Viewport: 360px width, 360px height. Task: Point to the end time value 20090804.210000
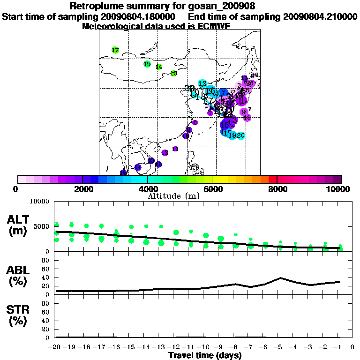tap(320, 16)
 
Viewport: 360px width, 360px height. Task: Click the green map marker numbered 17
tap(115, 50)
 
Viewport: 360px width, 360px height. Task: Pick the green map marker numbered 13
tap(174, 73)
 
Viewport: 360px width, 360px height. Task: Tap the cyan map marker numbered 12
tap(202, 83)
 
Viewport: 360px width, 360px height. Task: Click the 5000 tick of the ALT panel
tap(43, 226)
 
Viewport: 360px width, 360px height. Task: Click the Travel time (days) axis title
tap(205, 355)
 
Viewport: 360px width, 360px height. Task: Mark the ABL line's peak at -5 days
tap(280, 277)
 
